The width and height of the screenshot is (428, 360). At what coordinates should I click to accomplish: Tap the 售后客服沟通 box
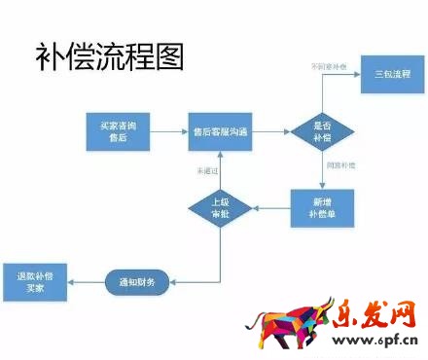coord(221,131)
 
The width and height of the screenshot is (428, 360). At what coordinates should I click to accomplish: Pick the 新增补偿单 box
coord(321,206)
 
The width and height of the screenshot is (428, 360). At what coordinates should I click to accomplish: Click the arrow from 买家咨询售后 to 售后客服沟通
coord(169,132)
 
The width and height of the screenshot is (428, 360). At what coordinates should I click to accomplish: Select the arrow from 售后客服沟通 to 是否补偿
coord(272,132)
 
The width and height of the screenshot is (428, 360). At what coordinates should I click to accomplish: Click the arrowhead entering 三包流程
coord(356,76)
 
